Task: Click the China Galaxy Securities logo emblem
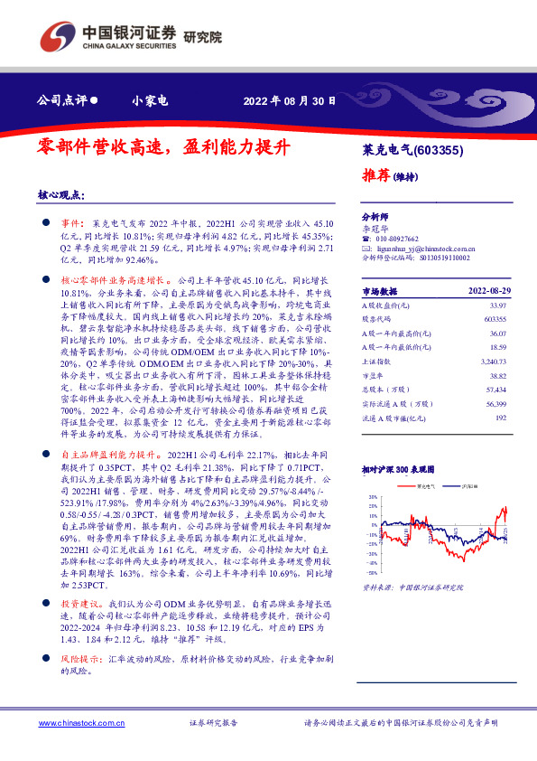[57, 37]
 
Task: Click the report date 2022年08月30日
[290, 101]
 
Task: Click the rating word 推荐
[377, 175]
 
